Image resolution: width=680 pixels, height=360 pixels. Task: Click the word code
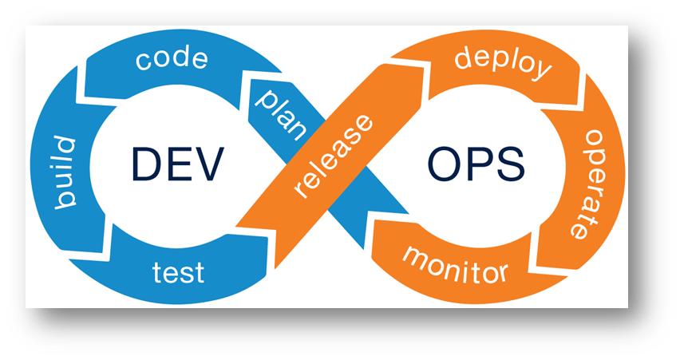(172, 60)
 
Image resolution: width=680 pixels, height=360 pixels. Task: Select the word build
(66, 172)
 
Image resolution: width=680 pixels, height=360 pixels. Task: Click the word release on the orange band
(333, 157)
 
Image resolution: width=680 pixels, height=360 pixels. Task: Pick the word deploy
(502, 61)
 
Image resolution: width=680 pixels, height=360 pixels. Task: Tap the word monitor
(454, 264)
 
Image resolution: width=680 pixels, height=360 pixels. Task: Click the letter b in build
(64, 203)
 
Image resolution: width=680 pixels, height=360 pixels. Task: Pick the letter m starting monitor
(415, 255)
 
